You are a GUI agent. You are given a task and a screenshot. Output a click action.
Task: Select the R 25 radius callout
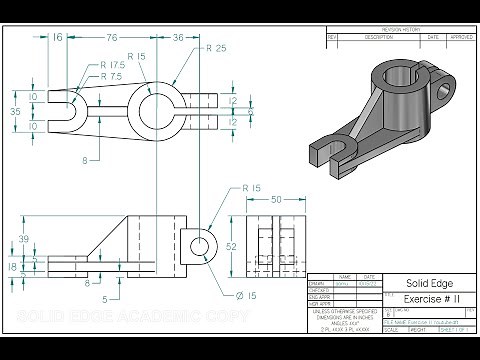[x=216, y=48]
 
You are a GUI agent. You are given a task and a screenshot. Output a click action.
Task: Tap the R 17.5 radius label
[x=115, y=66]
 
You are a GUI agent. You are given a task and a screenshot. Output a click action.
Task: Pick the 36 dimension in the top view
[x=177, y=37]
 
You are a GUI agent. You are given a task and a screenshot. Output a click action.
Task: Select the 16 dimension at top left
[x=56, y=37]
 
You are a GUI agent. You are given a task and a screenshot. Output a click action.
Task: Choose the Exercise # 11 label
[x=415, y=299]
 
